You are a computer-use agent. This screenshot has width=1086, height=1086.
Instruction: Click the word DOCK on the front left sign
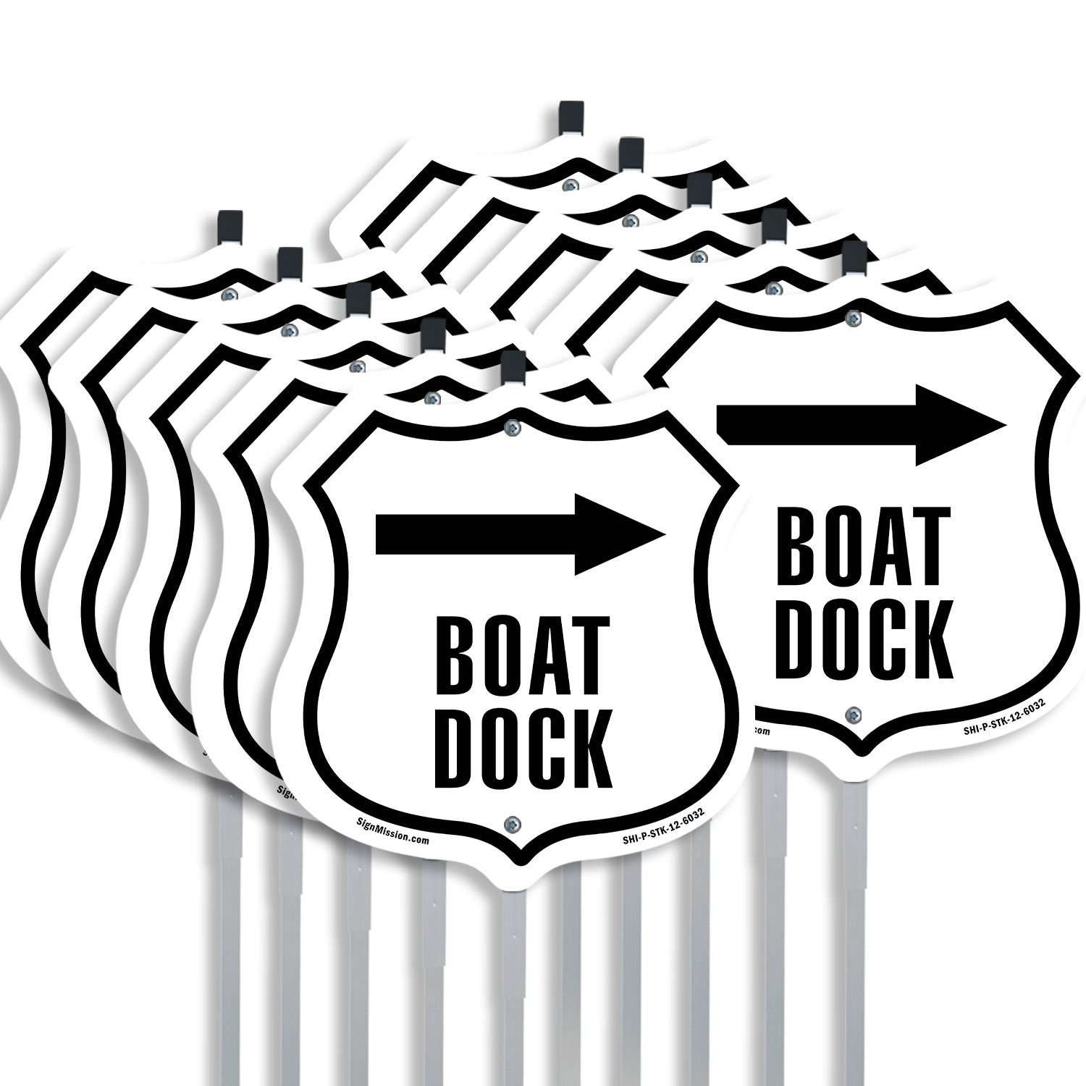tap(523, 751)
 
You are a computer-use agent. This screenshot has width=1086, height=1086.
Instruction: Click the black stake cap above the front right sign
tap(854, 258)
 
